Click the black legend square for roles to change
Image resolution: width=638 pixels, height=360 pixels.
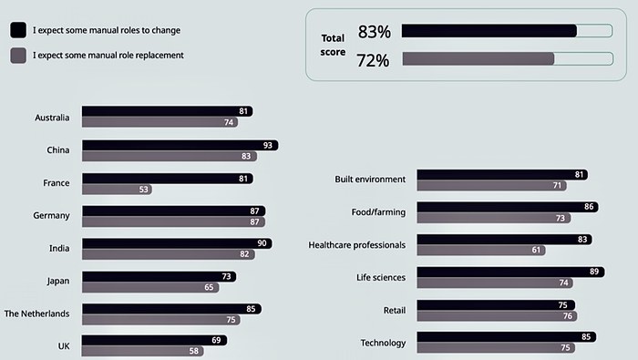[18, 30]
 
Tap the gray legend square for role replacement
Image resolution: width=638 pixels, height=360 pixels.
[18, 56]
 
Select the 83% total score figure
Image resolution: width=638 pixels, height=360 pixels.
[374, 32]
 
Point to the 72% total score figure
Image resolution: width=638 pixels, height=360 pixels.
[373, 61]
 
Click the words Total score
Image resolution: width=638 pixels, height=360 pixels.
[333, 45]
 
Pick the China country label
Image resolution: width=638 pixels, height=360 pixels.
[57, 150]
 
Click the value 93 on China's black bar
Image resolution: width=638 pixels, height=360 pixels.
[267, 145]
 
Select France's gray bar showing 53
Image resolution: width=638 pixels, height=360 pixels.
[117, 190]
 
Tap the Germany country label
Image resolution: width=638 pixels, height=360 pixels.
[51, 216]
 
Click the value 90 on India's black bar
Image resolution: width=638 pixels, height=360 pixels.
[262, 243]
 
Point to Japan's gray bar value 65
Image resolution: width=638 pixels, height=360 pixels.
[209, 287]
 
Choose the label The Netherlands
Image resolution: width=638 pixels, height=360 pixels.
[36, 314]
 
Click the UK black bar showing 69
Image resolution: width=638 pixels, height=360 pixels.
[155, 340]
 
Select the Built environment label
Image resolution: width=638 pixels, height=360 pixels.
[370, 180]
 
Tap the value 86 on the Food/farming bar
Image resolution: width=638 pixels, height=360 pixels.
[589, 207]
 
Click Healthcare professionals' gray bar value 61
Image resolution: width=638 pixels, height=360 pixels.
[536, 250]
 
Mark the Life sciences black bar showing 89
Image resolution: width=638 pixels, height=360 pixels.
[510, 272]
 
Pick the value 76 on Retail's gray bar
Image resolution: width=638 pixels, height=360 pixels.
[568, 315]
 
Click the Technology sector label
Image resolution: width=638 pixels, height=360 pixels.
[383, 343]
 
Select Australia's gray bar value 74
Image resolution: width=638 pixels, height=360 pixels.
[229, 122]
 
